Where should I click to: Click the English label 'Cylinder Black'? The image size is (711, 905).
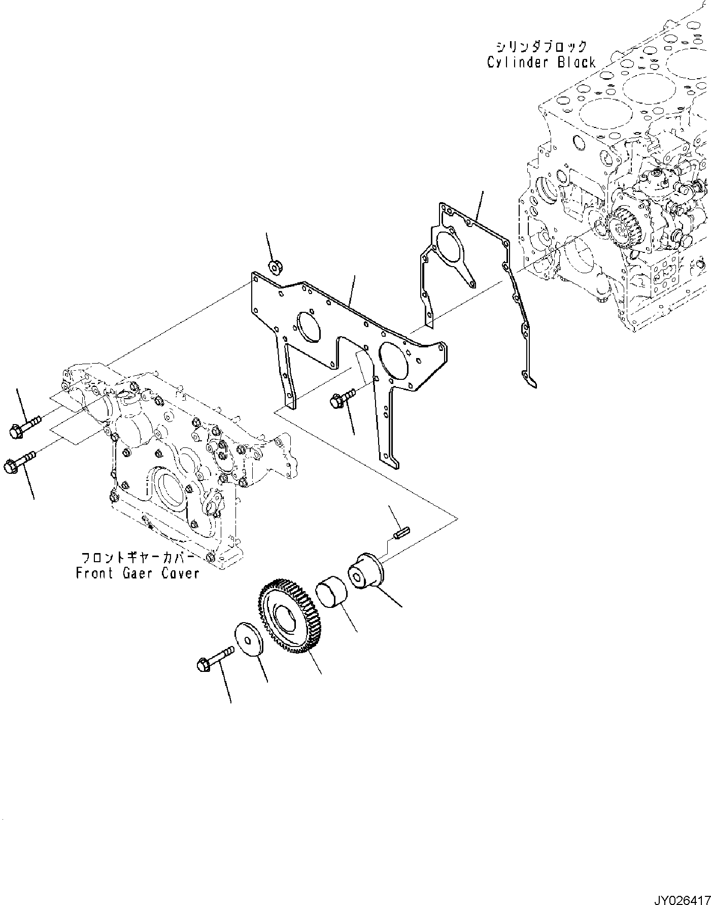(541, 62)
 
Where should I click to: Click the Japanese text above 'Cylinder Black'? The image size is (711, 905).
(541, 47)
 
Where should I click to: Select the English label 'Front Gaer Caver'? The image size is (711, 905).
(138, 573)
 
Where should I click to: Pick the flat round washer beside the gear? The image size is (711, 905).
(249, 640)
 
